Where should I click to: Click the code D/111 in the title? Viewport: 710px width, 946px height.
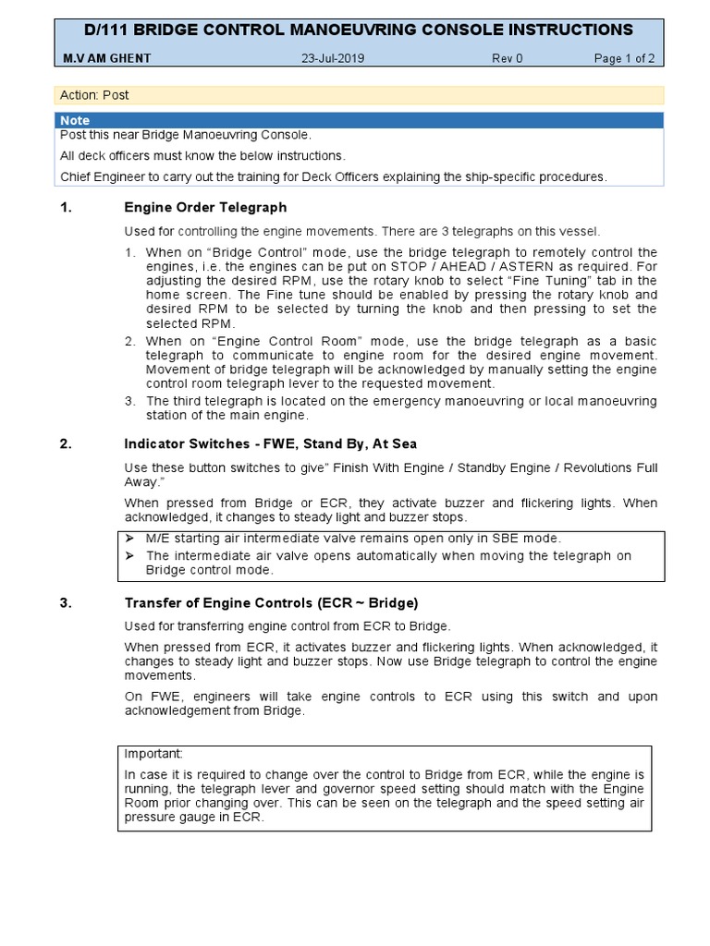pyautogui.click(x=107, y=30)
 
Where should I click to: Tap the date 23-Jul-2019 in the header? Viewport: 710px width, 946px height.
pyautogui.click(x=333, y=59)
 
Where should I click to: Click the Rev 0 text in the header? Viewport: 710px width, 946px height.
pyautogui.click(x=507, y=59)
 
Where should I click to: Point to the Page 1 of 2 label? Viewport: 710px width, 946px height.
pyautogui.click(x=624, y=59)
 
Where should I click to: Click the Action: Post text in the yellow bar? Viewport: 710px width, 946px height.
pyautogui.click(x=94, y=95)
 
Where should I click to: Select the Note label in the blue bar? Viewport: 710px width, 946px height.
pyautogui.click(x=75, y=120)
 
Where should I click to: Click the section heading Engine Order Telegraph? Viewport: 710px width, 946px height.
pyautogui.click(x=205, y=207)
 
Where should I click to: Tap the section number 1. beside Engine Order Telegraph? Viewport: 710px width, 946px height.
pyautogui.click(x=66, y=207)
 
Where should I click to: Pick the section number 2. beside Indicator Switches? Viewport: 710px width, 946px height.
pyautogui.click(x=66, y=444)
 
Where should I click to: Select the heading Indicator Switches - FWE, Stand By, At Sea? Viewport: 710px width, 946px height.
pyautogui.click(x=270, y=444)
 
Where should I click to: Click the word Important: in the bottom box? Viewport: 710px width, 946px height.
pyautogui.click(x=154, y=753)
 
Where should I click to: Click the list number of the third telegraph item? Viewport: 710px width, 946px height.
pyautogui.click(x=130, y=401)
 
